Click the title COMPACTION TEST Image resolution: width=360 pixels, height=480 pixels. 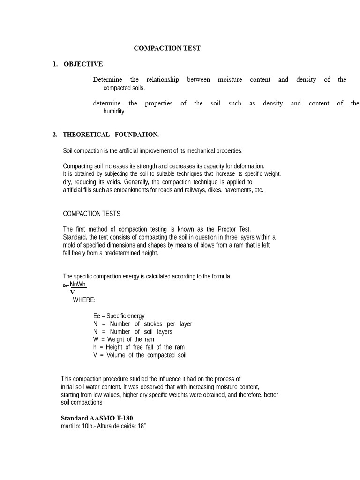(x=167, y=48)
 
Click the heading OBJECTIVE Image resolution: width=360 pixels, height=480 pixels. (x=83, y=64)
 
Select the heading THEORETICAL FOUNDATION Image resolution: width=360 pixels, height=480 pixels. (x=112, y=135)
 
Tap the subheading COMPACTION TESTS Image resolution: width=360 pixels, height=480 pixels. (x=91, y=214)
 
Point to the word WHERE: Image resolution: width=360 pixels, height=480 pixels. (x=84, y=300)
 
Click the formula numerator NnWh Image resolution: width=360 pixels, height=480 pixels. (x=78, y=284)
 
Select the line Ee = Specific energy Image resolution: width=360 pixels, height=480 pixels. (x=119, y=316)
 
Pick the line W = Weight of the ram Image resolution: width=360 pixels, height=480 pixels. (x=123, y=339)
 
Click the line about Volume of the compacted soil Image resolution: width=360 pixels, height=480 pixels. (x=140, y=355)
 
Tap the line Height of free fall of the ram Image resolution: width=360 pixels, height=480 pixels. (x=139, y=347)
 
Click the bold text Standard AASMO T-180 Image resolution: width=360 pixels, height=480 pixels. (x=97, y=418)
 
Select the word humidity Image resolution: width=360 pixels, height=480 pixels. (x=114, y=112)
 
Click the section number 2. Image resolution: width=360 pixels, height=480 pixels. (x=55, y=135)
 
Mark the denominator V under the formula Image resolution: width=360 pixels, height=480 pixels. (x=72, y=292)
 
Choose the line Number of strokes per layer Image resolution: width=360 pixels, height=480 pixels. (x=142, y=324)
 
